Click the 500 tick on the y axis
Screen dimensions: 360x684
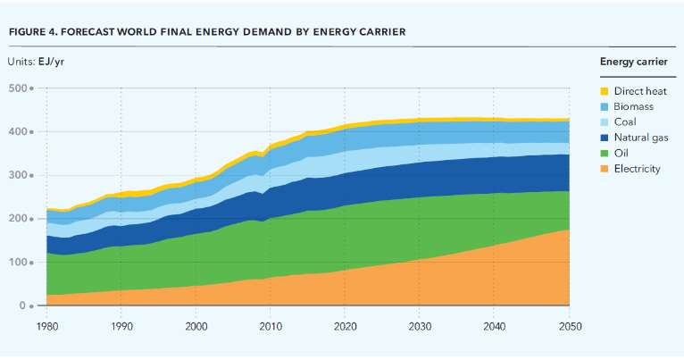[17, 88]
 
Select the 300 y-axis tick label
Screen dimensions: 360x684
[17, 175]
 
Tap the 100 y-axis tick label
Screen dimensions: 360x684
[17, 262]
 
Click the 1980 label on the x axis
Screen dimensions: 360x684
[47, 327]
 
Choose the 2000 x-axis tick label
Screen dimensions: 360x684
[196, 327]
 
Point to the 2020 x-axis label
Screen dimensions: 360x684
[345, 327]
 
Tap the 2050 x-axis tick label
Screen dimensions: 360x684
[568, 327]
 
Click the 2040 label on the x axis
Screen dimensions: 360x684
[494, 327]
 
